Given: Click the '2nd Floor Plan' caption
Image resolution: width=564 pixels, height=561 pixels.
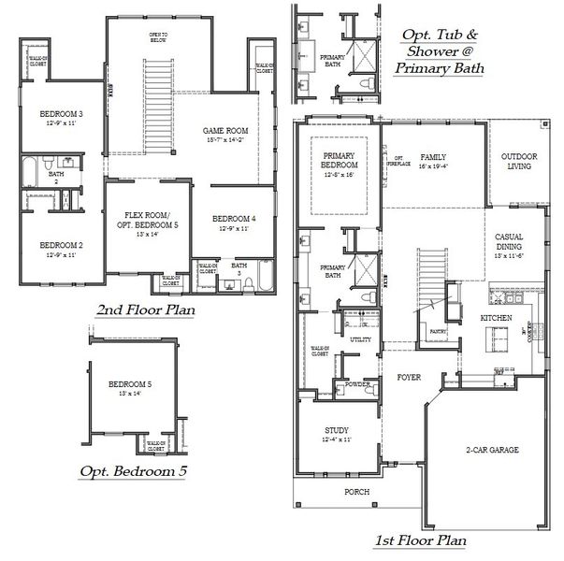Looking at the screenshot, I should (x=144, y=309).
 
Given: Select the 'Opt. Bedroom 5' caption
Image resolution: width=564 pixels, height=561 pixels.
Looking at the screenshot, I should (x=133, y=471).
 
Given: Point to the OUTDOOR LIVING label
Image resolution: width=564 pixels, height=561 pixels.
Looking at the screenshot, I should (x=517, y=161).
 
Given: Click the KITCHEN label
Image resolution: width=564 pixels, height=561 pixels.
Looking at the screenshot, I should (x=496, y=319).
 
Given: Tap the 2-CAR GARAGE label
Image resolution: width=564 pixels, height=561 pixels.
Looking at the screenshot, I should (x=492, y=450).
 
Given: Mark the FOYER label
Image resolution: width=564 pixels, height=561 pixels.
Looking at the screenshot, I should (x=408, y=378).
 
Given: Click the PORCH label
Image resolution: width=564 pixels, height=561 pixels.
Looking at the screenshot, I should (x=355, y=492).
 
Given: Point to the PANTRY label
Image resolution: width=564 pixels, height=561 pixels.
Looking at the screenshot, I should (x=436, y=330).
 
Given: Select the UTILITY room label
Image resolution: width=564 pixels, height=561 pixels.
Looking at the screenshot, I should (x=360, y=339).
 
